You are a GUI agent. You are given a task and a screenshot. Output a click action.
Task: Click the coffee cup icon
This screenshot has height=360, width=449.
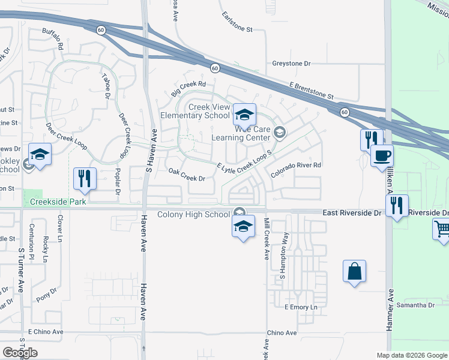click(382, 157)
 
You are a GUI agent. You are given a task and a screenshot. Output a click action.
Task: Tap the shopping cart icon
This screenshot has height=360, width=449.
click(442, 229)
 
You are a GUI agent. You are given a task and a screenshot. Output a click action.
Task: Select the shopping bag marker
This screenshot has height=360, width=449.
click(354, 271)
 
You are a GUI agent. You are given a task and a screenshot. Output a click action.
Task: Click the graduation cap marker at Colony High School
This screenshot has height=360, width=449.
click(243, 227)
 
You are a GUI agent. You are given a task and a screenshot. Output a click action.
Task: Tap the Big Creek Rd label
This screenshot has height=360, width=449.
click(188, 88)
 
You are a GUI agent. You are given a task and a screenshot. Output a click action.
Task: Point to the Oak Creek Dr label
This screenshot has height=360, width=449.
click(187, 178)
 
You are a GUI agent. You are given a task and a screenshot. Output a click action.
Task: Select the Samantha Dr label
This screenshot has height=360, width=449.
click(415, 305)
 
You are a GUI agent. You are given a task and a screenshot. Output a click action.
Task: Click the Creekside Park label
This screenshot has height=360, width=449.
click(57, 202)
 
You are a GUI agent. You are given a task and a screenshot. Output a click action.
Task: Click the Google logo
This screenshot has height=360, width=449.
click(20, 352)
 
